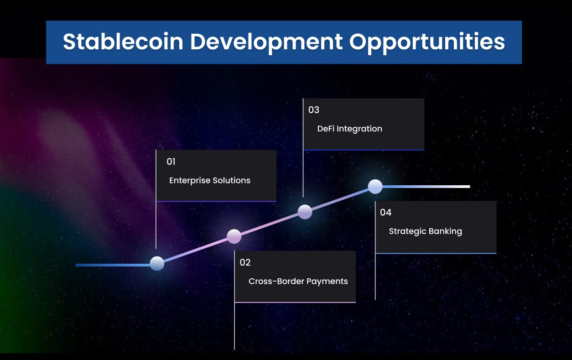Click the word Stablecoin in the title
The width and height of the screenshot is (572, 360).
[122, 42]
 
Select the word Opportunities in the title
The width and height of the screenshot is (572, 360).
[427, 42]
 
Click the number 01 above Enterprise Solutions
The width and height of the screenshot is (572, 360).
[171, 162]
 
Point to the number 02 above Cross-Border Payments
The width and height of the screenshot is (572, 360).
[245, 262]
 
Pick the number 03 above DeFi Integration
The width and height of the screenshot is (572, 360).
[314, 110]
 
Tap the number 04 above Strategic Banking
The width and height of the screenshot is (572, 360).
[386, 212]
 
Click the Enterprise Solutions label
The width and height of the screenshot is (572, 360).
[210, 180]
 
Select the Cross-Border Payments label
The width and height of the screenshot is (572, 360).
[298, 281]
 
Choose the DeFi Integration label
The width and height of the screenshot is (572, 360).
[350, 129]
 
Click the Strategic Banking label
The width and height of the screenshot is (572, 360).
[426, 231]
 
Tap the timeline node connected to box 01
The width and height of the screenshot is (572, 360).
[157, 264]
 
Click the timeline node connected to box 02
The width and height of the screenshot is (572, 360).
[234, 236]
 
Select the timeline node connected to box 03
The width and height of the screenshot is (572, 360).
[305, 212]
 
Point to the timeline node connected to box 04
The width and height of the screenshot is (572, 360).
[375, 186]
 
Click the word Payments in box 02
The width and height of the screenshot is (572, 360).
[327, 281]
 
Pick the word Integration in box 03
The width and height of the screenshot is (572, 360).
[359, 129]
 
